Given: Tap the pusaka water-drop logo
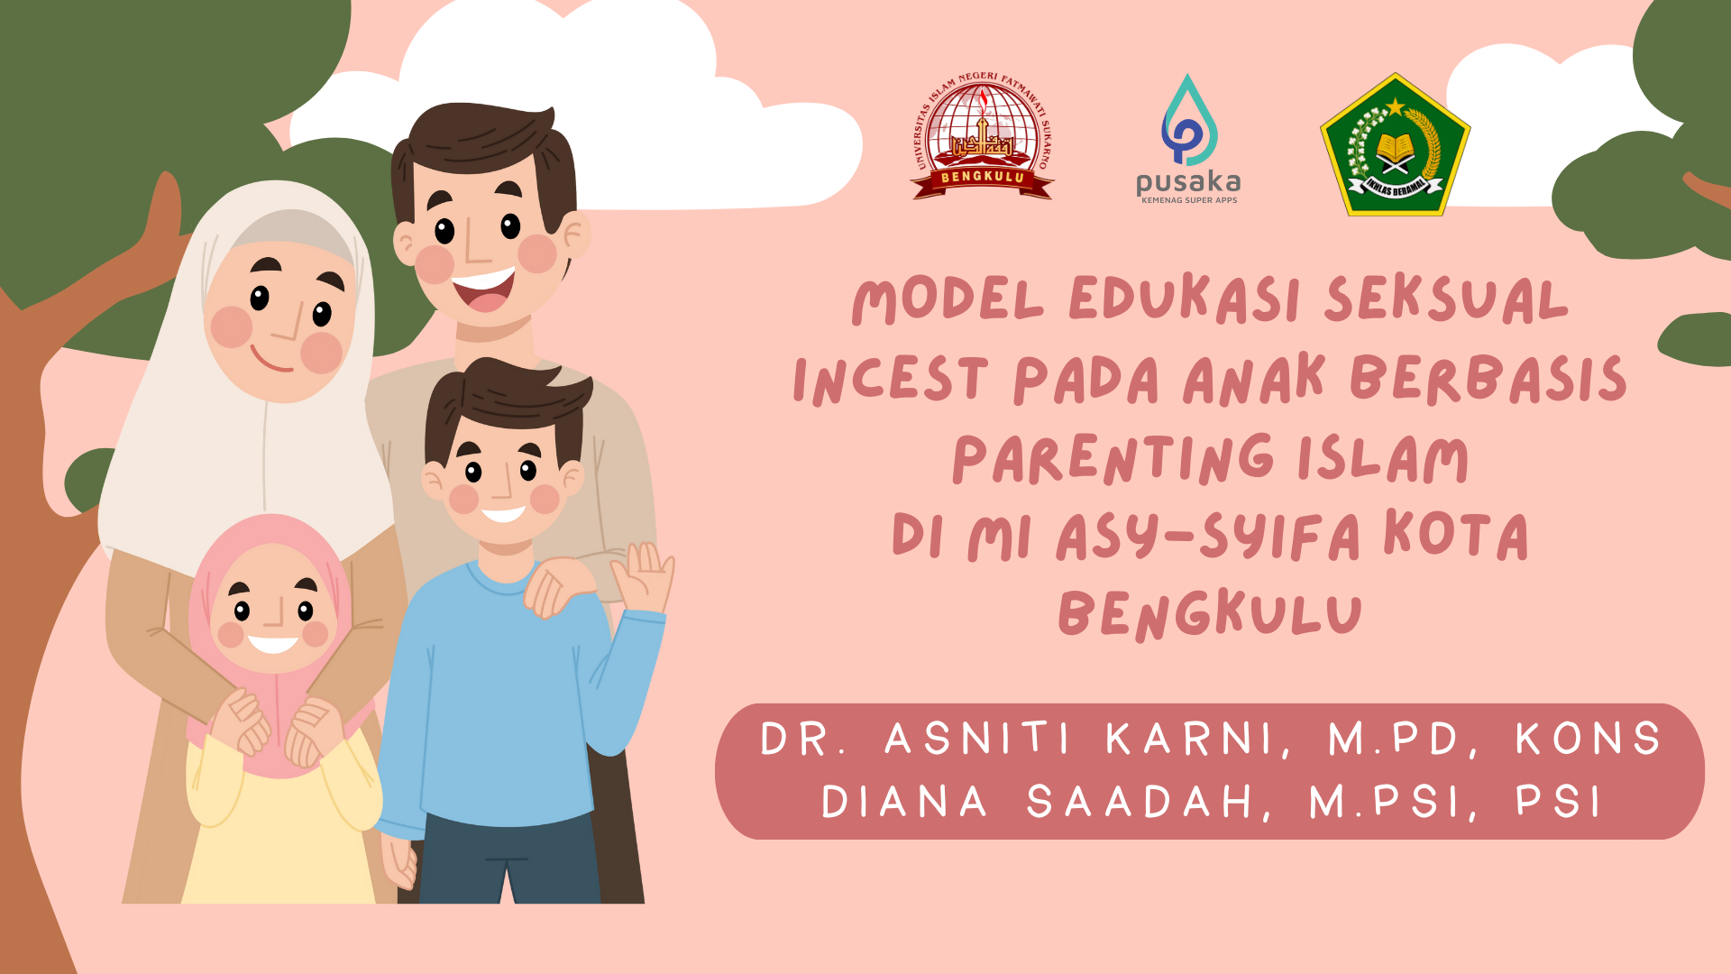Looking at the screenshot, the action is (x=1189, y=120).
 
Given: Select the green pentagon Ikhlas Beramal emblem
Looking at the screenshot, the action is (x=1395, y=144).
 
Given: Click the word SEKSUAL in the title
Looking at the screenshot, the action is (x=1446, y=299).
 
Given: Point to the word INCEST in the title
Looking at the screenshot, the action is (x=891, y=379).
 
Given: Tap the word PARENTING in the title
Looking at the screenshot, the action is (x=1113, y=459).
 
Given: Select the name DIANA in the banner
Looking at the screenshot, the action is (x=904, y=802).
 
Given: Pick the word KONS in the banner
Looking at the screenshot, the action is (x=1588, y=739).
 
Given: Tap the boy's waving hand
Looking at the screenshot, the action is (x=643, y=577).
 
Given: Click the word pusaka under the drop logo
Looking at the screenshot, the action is (x=1188, y=182).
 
